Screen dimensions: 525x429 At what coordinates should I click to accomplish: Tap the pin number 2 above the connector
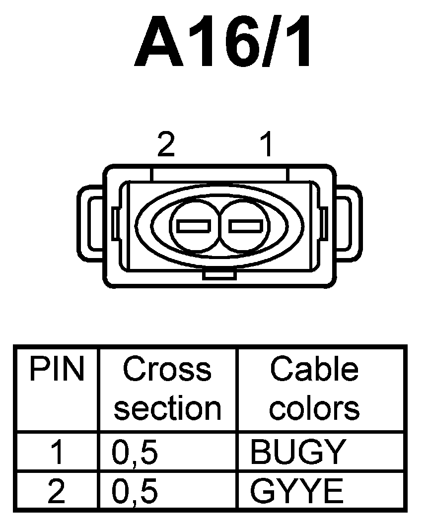coord(166,145)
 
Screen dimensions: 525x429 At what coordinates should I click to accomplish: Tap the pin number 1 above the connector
coord(267,145)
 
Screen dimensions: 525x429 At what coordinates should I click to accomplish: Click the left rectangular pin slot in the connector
coord(193,226)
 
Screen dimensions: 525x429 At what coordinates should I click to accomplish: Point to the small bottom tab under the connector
coord(219,275)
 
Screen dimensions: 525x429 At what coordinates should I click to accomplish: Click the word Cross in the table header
coord(167,370)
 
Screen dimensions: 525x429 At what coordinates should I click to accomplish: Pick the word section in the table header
coord(167,408)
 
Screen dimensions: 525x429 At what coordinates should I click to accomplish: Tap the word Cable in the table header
coord(314,370)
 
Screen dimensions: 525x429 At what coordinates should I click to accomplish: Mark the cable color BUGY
coord(297,453)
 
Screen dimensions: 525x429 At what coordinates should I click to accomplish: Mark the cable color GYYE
coord(296,492)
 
